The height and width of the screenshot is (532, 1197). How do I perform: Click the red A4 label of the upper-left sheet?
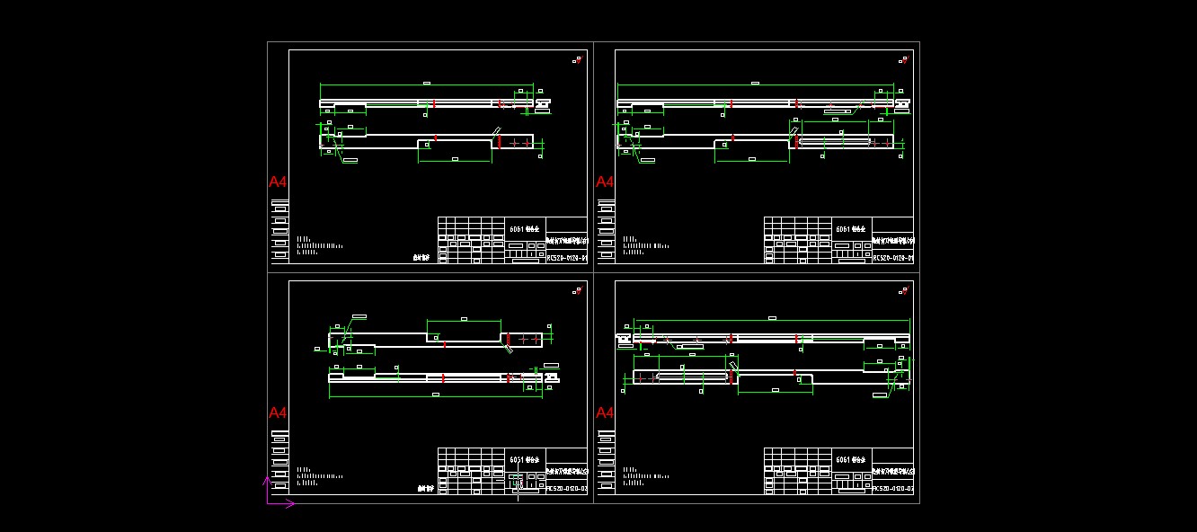[278, 182]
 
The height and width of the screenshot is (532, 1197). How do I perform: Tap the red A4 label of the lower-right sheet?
[605, 412]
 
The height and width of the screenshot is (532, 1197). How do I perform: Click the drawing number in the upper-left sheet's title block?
[567, 258]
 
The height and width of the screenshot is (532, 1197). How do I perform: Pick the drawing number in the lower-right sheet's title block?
[893, 489]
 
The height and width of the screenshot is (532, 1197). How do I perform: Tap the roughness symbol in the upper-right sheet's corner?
[903, 60]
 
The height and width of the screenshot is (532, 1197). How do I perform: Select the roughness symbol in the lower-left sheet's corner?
[577, 291]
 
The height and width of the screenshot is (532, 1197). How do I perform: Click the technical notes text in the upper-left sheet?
[319, 245]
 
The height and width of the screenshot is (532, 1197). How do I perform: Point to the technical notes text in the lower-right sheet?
[645, 476]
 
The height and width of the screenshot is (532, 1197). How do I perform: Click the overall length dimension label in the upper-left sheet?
[426, 83]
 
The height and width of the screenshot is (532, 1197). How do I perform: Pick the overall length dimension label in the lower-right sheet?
[772, 317]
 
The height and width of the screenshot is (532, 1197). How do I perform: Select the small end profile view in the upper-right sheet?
[901, 104]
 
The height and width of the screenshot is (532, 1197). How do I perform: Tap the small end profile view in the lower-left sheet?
[551, 377]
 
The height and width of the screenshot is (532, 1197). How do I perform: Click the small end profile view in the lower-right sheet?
[623, 339]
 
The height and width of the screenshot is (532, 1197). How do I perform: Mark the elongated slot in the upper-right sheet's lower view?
[835, 141]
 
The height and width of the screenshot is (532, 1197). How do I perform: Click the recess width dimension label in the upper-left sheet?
[455, 159]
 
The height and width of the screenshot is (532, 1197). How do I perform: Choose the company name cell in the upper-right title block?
[893, 241]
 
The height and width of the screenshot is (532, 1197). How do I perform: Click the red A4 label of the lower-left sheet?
[278, 412]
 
